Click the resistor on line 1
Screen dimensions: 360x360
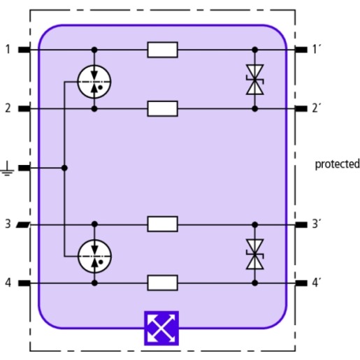(x=163, y=50)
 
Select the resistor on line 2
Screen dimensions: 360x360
(x=163, y=108)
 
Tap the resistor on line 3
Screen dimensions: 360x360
(x=163, y=224)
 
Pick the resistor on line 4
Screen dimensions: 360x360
(x=163, y=283)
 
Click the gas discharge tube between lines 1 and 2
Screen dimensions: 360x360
(x=94, y=82)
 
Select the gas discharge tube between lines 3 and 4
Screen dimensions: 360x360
(x=94, y=257)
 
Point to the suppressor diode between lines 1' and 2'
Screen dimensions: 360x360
(x=255, y=80)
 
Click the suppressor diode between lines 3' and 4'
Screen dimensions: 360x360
(x=255, y=254)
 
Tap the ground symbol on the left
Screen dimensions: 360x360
(x=7, y=168)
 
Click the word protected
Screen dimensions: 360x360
(x=337, y=164)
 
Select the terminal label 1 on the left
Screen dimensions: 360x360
(x=8, y=50)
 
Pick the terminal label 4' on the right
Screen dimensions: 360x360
(x=316, y=283)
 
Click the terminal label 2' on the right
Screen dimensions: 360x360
(x=316, y=108)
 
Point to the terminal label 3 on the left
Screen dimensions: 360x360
(x=8, y=224)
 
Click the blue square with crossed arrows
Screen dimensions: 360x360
(x=161, y=328)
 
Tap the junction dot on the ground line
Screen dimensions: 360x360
(x=64, y=168)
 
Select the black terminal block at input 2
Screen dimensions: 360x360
(x=24, y=108)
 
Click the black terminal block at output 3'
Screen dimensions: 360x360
(x=301, y=224)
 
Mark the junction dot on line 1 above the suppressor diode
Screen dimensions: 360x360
(x=255, y=50)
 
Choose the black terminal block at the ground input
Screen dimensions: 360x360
(x=24, y=168)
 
